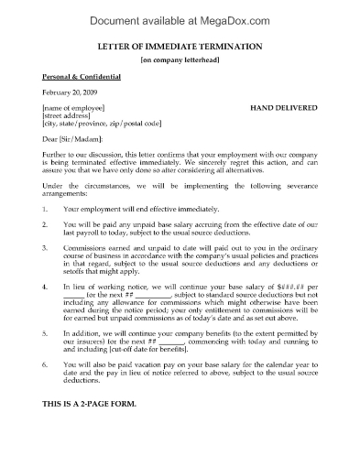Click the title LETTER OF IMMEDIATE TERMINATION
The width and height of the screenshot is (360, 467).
180,47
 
